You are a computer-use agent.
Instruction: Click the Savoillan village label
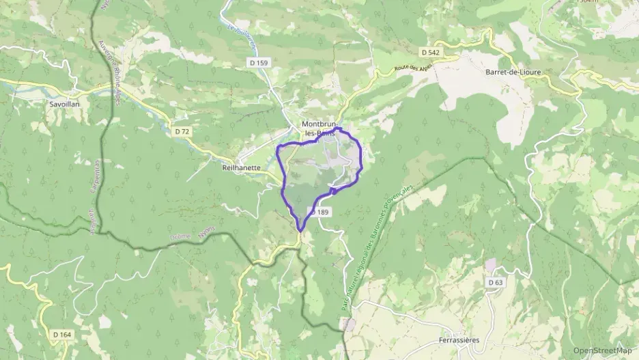click(65, 105)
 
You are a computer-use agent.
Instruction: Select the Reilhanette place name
click(241, 167)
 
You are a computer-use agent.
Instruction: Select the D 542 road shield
click(429, 52)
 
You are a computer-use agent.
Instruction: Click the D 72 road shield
click(182, 131)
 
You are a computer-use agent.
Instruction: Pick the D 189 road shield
click(321, 212)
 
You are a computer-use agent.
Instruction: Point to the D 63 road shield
click(496, 282)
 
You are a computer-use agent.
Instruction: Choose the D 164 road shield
click(61, 334)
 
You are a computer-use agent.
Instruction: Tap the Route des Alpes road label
click(414, 66)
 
